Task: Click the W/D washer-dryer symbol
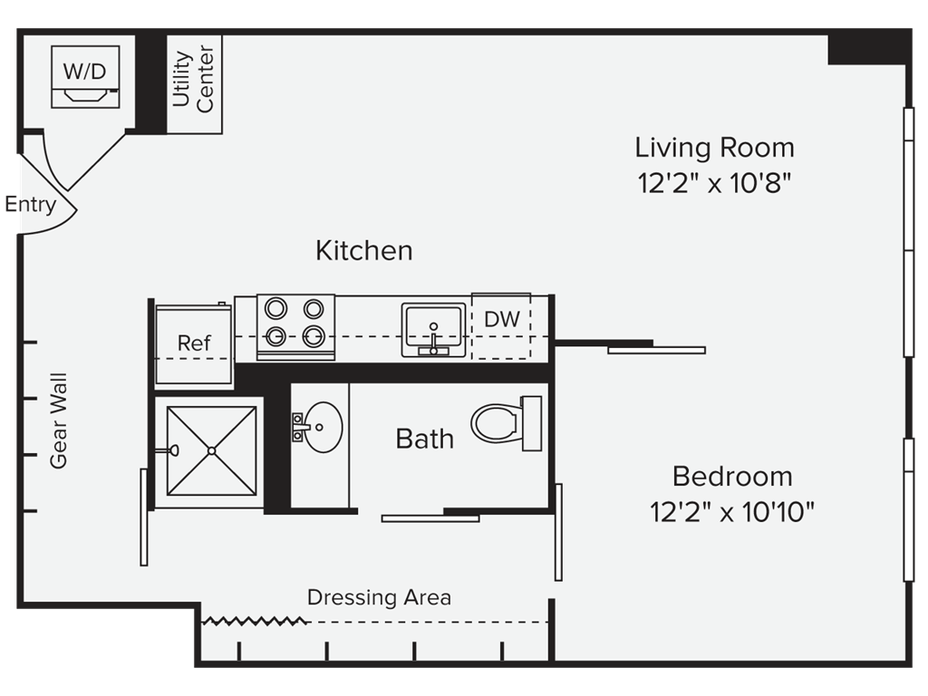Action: [85, 77]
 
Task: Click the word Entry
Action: [30, 204]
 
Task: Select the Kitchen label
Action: [364, 250]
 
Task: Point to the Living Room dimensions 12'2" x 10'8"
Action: [714, 183]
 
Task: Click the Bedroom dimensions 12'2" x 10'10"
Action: [732, 511]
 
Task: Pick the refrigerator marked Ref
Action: [194, 343]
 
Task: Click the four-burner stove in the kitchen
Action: [295, 326]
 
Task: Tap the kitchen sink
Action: [434, 330]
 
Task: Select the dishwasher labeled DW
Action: [501, 325]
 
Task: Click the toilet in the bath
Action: [507, 423]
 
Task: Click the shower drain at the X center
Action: [211, 451]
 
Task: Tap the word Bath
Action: [424, 440]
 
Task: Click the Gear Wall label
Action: [59, 420]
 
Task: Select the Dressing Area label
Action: [380, 597]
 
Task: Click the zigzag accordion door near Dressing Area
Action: [254, 621]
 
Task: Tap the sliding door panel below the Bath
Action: [430, 518]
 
